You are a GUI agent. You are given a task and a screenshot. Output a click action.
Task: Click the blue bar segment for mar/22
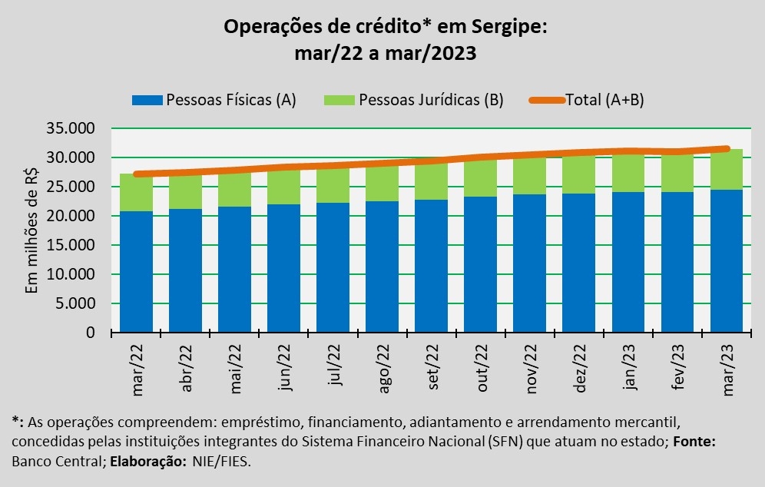pyautogui.click(x=136, y=271)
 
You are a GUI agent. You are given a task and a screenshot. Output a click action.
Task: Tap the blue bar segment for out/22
pyautogui.click(x=480, y=264)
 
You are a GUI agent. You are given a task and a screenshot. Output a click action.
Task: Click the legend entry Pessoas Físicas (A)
pyautogui.click(x=214, y=100)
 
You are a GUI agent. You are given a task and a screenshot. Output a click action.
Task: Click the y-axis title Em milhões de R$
pyautogui.click(x=32, y=230)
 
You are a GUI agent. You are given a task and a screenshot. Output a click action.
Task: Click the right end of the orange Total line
pyautogui.click(x=727, y=148)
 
